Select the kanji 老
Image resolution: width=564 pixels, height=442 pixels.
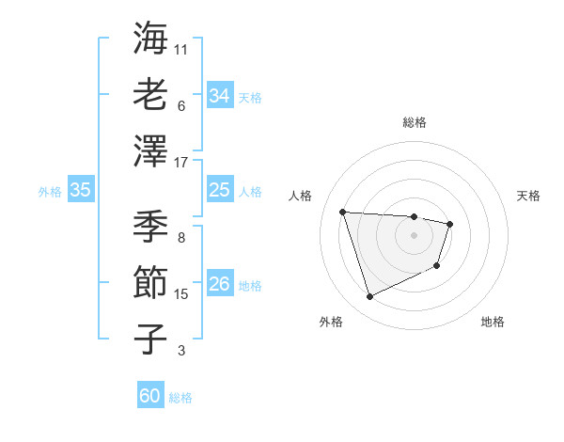click(x=150, y=94)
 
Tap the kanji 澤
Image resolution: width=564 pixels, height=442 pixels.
click(x=150, y=150)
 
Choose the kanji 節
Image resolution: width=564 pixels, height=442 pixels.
click(x=150, y=283)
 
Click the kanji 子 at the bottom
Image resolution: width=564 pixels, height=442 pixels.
click(x=150, y=339)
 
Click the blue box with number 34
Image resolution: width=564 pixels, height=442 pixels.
click(x=220, y=96)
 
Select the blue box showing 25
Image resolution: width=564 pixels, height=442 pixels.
click(x=220, y=191)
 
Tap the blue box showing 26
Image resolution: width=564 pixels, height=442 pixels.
click(x=220, y=284)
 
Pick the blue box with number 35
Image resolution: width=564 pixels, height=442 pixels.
click(x=81, y=191)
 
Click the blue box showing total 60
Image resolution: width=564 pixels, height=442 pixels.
click(x=150, y=396)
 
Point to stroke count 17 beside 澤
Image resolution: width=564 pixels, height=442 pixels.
click(x=181, y=163)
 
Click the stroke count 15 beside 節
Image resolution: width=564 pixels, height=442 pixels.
click(x=181, y=294)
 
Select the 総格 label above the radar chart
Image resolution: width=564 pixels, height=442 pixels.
click(x=415, y=122)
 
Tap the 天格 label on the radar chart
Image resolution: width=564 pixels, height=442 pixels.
click(x=528, y=196)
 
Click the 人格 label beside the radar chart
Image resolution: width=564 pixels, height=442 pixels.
click(x=301, y=196)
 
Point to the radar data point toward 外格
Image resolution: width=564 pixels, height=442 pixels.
click(x=369, y=297)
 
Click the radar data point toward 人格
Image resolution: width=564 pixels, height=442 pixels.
click(x=343, y=212)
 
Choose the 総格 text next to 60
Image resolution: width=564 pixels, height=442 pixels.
click(x=180, y=398)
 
